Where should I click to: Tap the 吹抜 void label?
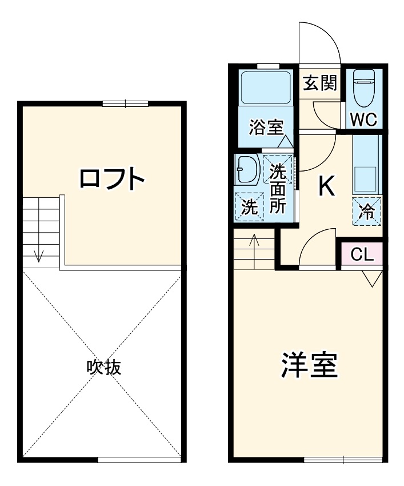click(103, 367)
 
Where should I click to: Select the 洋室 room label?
click(309, 365)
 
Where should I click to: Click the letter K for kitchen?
click(326, 185)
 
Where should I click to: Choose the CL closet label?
click(362, 254)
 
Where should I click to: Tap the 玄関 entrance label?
click(319, 83)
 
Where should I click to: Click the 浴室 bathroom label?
click(267, 128)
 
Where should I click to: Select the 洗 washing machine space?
click(249, 206)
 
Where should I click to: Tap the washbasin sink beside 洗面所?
click(247, 170)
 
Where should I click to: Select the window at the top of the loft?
click(125, 103)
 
